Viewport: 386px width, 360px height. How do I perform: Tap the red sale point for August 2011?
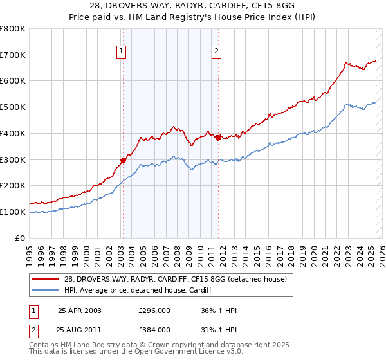218,137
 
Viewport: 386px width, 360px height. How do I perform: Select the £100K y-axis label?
14,212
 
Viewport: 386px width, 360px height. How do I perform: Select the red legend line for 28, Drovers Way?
45,278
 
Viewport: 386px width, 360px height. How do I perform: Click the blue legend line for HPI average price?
45,290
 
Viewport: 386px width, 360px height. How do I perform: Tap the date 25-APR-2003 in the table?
79,310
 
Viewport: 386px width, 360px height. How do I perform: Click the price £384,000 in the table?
154,329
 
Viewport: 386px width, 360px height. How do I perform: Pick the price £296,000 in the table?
154,310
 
